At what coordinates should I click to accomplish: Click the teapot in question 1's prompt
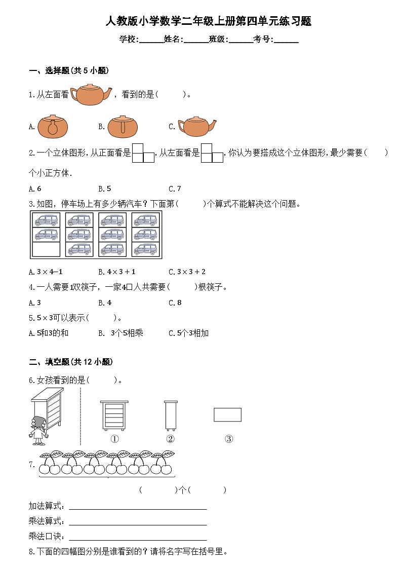91,94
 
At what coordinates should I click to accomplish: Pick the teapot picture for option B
122,126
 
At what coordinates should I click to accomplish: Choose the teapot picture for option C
197,127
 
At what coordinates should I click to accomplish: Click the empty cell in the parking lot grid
46,249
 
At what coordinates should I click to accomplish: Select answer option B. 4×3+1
117,272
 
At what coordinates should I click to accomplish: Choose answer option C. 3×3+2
187,272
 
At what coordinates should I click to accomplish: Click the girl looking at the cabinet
38,430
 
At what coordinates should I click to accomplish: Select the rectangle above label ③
227,414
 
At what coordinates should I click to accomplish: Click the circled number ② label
171,439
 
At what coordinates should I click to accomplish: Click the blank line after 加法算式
138,507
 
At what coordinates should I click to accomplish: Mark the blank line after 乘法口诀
138,538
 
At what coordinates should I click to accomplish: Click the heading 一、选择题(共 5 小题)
69,71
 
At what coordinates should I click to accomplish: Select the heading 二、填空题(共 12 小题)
71,362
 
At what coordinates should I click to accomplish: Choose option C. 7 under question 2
175,188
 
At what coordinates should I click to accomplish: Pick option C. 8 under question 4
175,302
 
